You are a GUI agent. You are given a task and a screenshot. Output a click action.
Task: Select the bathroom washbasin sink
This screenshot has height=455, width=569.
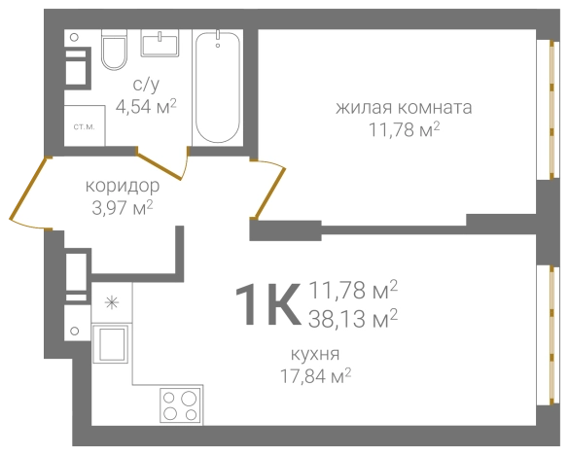(x=160, y=46)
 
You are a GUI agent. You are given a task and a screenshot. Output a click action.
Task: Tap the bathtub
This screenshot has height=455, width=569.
(x=220, y=87)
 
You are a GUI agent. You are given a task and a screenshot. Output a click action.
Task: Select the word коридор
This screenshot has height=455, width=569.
(x=120, y=185)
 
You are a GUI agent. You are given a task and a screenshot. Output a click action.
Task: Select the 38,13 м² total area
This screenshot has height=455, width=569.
(x=353, y=316)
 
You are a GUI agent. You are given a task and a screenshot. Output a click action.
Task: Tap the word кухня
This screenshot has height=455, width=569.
(x=315, y=353)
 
